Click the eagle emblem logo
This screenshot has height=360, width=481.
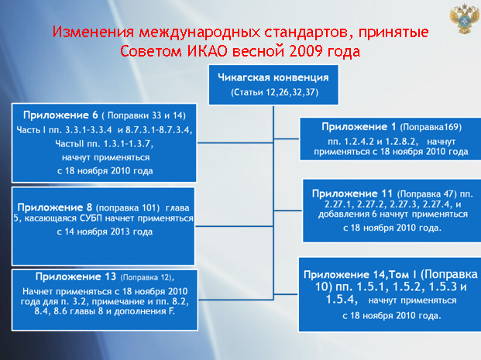(x=464, y=19)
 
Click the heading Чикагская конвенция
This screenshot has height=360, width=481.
(x=273, y=77)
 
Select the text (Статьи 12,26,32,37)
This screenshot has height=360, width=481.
(x=274, y=92)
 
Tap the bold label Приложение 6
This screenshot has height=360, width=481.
(x=60, y=115)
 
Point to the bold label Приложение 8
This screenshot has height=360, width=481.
(x=54, y=207)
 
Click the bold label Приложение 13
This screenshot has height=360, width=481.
(x=76, y=277)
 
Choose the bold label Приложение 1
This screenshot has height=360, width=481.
(x=359, y=127)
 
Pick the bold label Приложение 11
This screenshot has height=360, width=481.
(x=352, y=194)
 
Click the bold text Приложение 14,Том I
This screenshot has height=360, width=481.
(x=360, y=275)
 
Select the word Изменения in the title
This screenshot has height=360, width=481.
(x=93, y=32)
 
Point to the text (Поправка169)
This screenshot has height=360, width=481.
(x=431, y=127)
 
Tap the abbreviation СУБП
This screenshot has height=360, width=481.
(x=91, y=218)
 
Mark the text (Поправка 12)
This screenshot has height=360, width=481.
(x=146, y=278)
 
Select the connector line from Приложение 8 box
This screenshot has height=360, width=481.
(x=234, y=226)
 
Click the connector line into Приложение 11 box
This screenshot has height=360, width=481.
(x=288, y=211)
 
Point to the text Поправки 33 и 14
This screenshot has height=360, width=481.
(x=145, y=115)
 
